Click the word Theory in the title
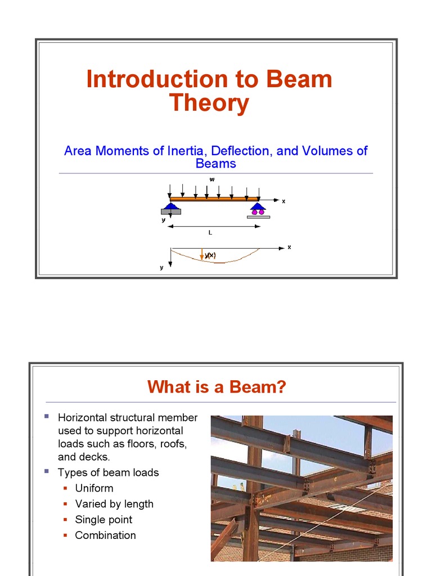[x=209, y=103]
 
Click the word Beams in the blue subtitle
[x=215, y=164]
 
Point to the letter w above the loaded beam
[x=212, y=179]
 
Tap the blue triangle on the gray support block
[x=171, y=206]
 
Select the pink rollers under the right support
[x=258, y=212]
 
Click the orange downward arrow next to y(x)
[x=202, y=254]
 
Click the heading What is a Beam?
[x=217, y=387]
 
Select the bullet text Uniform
[x=94, y=488]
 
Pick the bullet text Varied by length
[x=114, y=504]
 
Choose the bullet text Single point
[x=103, y=520]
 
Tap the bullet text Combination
[x=105, y=535]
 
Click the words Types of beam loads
[x=108, y=472]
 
